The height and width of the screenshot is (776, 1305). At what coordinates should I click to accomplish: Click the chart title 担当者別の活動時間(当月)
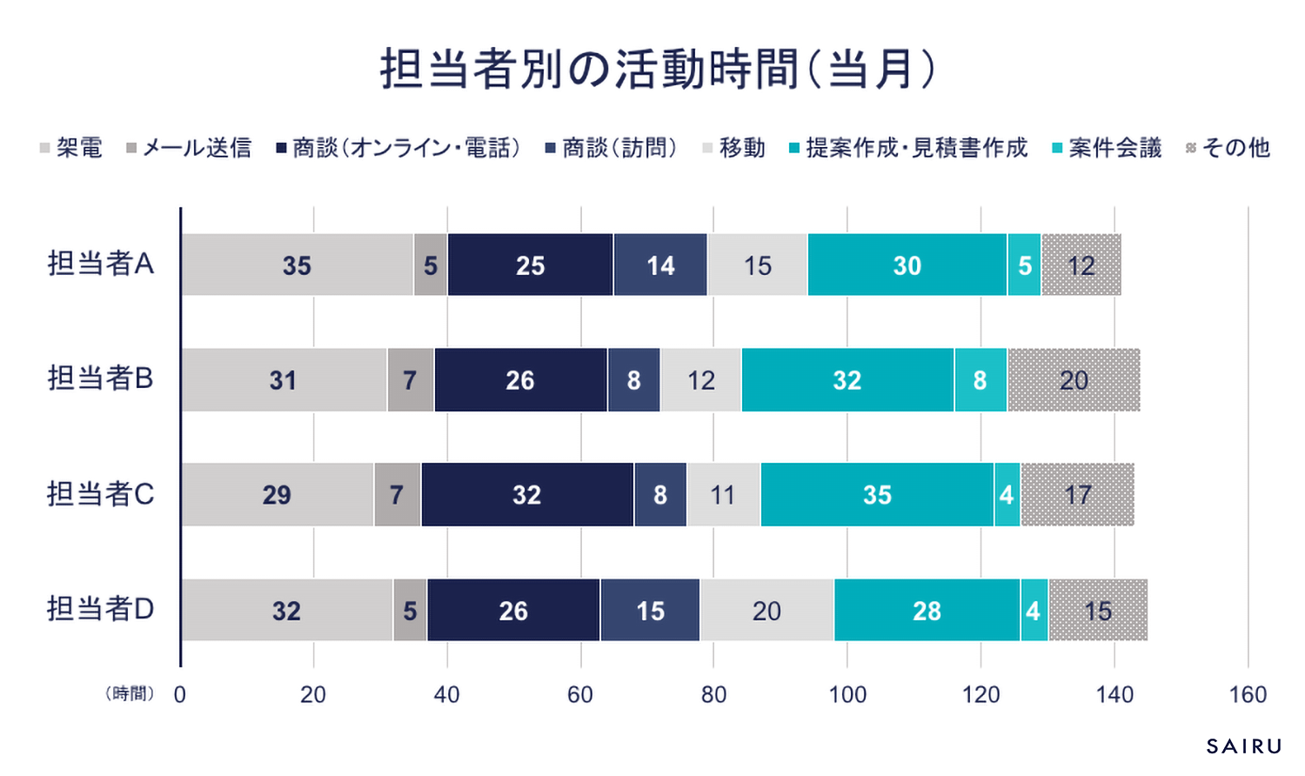pyautogui.click(x=658, y=70)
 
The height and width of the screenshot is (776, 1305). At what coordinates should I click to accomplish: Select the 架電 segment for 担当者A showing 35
pyautogui.click(x=297, y=265)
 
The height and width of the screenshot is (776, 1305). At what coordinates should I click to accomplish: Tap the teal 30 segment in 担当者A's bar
pyautogui.click(x=907, y=265)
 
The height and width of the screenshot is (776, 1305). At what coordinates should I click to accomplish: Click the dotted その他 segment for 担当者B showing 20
pyautogui.click(x=1074, y=380)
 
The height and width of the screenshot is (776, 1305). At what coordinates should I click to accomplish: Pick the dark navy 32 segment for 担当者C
pyautogui.click(x=526, y=495)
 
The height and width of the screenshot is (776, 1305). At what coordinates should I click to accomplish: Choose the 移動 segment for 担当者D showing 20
pyautogui.click(x=766, y=611)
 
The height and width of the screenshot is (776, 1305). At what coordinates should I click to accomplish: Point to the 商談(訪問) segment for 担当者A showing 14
pyautogui.click(x=660, y=265)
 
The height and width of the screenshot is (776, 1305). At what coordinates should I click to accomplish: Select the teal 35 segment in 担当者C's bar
pyautogui.click(x=877, y=495)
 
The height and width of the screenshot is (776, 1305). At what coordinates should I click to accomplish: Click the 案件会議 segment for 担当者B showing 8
pyautogui.click(x=980, y=380)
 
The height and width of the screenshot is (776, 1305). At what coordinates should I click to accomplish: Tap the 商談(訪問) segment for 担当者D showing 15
pyautogui.click(x=650, y=611)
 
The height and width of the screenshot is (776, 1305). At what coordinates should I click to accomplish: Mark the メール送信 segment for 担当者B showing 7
pyautogui.click(x=410, y=380)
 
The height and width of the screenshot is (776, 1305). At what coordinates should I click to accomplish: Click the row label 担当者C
pyautogui.click(x=100, y=494)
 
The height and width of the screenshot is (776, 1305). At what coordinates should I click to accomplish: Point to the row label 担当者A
pyautogui.click(x=100, y=263)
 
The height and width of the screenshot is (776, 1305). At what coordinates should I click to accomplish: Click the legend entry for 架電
pyautogui.click(x=71, y=148)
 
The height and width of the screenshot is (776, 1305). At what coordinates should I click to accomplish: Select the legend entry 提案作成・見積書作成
pyautogui.click(x=908, y=148)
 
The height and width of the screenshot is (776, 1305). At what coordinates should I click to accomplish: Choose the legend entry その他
pyautogui.click(x=1228, y=148)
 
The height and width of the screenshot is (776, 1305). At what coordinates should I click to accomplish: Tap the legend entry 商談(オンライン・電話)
pyautogui.click(x=398, y=148)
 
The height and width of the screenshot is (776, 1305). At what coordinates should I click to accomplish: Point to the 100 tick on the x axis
pyautogui.click(x=847, y=694)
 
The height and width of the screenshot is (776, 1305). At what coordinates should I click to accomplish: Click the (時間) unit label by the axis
pyautogui.click(x=130, y=693)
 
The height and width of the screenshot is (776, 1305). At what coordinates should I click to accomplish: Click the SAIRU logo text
pyautogui.click(x=1244, y=746)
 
